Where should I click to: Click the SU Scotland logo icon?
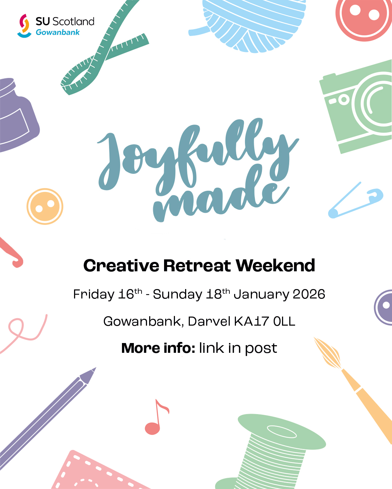(x=24, y=25)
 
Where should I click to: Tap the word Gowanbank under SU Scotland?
(x=58, y=33)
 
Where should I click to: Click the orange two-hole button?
(x=45, y=206)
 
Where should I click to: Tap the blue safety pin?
(x=356, y=201)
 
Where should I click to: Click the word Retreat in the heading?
(x=197, y=266)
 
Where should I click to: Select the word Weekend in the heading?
(x=276, y=266)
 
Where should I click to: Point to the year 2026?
(x=309, y=294)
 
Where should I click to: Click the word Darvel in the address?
(x=209, y=321)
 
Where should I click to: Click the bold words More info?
(x=158, y=348)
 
